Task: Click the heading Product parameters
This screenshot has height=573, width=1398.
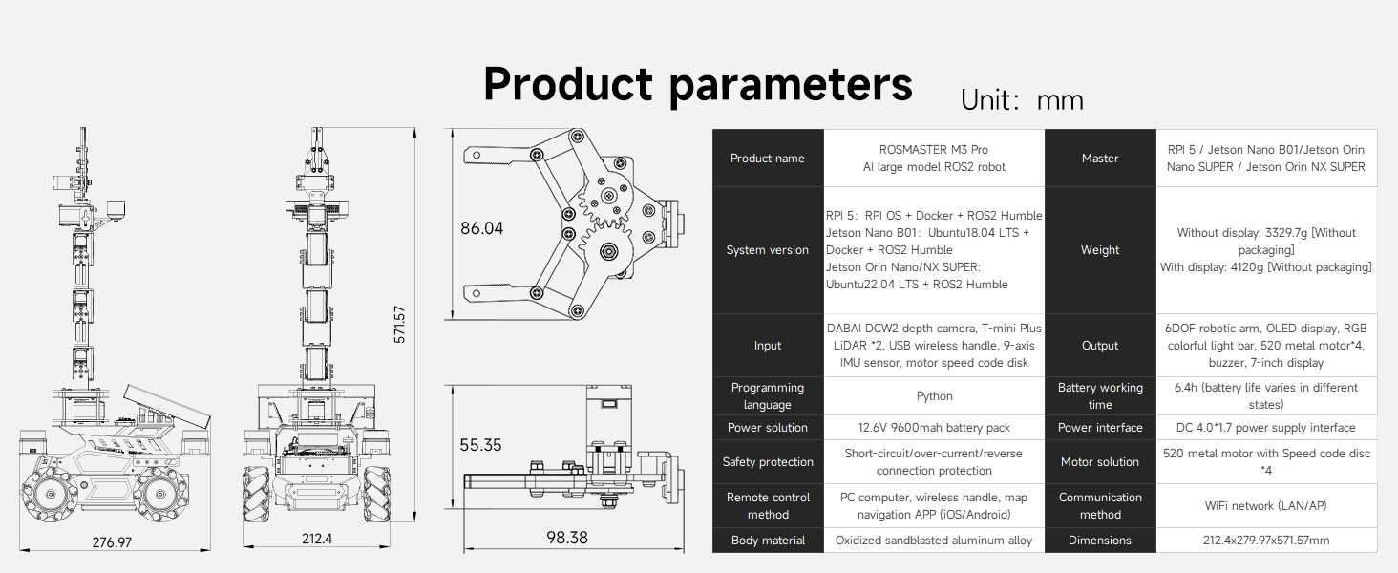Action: pos(697,84)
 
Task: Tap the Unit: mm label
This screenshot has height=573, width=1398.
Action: pos(1022,100)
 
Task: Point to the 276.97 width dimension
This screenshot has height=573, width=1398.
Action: pos(112,542)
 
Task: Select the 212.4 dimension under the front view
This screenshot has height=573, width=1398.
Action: pos(317,539)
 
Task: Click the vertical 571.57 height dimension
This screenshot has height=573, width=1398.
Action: pos(400,325)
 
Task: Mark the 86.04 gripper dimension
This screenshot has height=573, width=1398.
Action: pos(481,228)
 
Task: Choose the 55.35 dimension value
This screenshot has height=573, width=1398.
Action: pos(481,445)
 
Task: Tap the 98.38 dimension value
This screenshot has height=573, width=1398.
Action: pos(566,538)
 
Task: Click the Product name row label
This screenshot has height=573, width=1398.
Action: pos(768,159)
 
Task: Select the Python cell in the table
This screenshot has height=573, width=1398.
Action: pos(934,396)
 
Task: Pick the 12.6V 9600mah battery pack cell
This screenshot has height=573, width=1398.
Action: pos(934,428)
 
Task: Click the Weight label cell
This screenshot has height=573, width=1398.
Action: pos(1100,250)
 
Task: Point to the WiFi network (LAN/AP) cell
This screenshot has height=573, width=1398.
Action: pos(1266,505)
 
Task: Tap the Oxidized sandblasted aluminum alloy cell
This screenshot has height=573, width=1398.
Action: pos(934,541)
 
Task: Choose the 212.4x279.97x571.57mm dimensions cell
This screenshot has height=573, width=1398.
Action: pos(1266,541)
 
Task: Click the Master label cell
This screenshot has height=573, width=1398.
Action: pos(1100,159)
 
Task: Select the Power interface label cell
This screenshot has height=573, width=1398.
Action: pos(1100,428)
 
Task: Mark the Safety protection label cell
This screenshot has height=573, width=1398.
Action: pos(768,462)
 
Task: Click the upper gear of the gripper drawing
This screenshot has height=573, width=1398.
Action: pos(603,199)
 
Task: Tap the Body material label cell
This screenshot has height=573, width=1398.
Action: pos(768,541)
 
